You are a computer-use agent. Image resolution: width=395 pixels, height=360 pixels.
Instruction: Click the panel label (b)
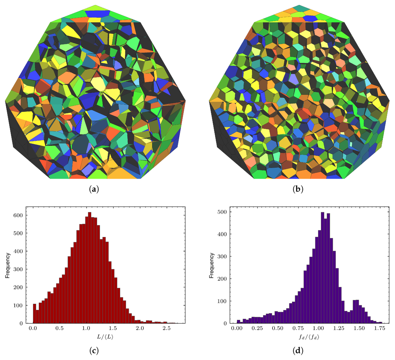298,189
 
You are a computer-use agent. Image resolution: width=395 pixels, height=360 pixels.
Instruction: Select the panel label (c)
94,351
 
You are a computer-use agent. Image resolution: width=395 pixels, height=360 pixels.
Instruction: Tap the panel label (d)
298,351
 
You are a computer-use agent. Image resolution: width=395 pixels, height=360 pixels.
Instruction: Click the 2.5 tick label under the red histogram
167,329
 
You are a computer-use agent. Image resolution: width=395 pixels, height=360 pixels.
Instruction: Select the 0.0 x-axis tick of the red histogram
33,329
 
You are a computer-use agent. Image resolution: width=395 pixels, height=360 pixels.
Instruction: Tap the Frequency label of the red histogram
7,265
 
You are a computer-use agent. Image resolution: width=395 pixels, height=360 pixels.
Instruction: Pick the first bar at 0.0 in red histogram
34,314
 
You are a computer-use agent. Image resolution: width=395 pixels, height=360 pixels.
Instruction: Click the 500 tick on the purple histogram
222,212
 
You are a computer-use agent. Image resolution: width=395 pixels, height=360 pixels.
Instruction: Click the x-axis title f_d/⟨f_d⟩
308,337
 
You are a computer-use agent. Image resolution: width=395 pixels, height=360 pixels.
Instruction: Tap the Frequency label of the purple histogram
211,265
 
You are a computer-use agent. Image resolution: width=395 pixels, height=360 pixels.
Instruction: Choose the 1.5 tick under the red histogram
113,329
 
